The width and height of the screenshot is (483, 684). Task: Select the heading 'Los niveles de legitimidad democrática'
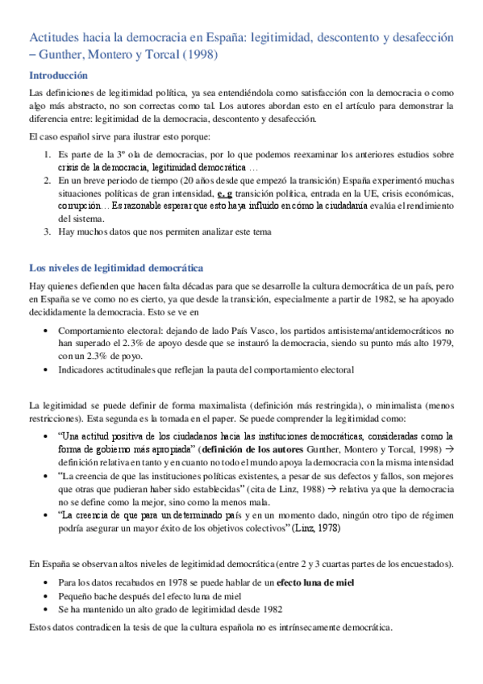pyautogui.click(x=116, y=267)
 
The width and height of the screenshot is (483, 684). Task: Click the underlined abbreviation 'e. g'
pyautogui.click(x=225, y=194)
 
